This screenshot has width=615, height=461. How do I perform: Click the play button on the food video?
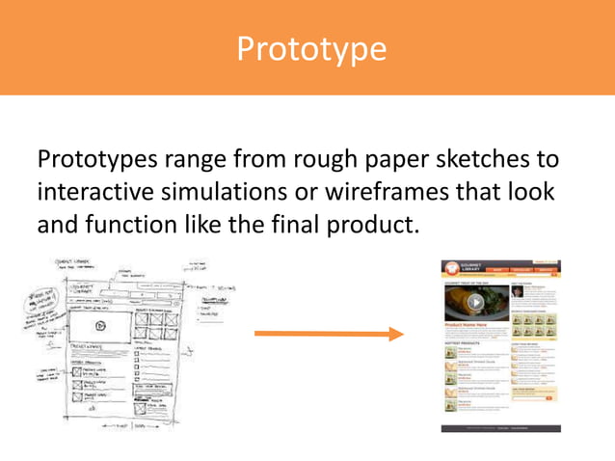(x=475, y=302)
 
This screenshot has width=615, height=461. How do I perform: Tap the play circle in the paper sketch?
(x=100, y=326)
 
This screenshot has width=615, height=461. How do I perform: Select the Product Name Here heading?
(x=468, y=326)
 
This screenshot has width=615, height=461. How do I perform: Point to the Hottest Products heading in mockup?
(x=463, y=342)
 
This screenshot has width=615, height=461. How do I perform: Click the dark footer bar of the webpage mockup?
(x=501, y=427)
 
